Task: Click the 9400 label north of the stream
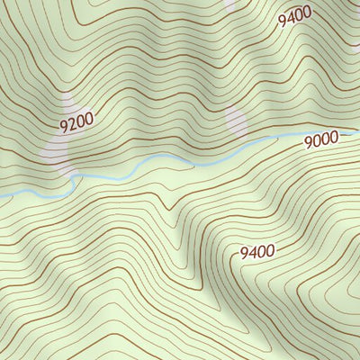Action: pos(294,15)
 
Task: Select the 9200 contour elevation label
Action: pos(77,121)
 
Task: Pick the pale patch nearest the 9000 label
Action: pos(236,121)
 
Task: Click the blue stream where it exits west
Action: pos(3,195)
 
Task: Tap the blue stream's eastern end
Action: pos(356,133)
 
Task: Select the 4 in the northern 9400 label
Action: pos(291,17)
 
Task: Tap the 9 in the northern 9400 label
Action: pos(283,21)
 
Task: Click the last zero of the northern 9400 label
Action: pos(307,10)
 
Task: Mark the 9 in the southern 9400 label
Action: pos(245,257)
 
